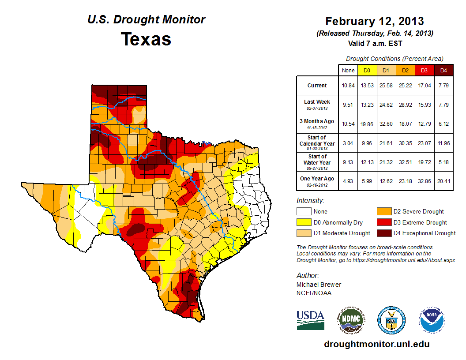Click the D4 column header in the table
click(443, 70)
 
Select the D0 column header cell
click(367, 70)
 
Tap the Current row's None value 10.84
click(348, 86)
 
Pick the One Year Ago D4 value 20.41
click(443, 179)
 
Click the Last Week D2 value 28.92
click(405, 104)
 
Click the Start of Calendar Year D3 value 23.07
click(424, 143)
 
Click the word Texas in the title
click(146, 39)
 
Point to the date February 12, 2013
click(375, 21)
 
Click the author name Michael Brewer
click(319, 285)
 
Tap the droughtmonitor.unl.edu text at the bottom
click(376, 344)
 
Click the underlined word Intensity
click(311, 200)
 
